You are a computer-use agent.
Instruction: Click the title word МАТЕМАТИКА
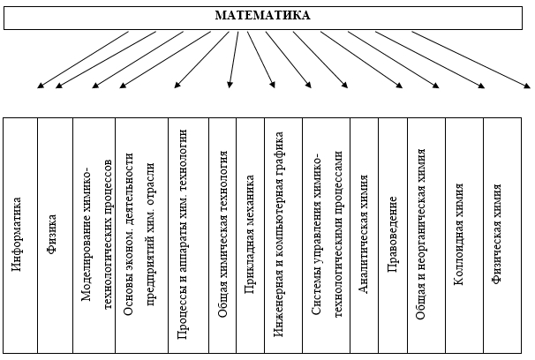[x=262, y=15]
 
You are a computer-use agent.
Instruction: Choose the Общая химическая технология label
[x=222, y=237]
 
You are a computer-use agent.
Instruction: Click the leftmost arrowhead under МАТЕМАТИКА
[x=39, y=86]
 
